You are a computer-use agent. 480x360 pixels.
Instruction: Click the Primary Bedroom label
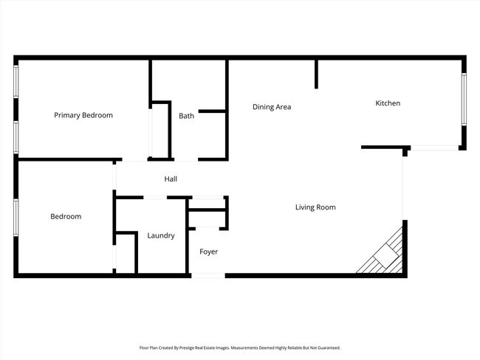83,115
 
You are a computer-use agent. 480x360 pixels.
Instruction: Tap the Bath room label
186,116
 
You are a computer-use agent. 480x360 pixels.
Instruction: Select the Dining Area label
272,107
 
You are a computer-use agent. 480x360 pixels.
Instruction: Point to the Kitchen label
388,103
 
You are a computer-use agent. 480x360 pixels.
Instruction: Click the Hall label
171,179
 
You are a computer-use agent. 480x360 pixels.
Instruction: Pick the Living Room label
315,207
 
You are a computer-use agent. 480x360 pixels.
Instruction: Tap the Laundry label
161,235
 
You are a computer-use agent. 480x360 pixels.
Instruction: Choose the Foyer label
209,252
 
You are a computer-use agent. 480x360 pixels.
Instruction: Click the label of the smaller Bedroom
66,216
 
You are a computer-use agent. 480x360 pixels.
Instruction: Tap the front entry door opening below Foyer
208,276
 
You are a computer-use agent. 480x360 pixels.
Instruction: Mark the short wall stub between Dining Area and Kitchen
317,74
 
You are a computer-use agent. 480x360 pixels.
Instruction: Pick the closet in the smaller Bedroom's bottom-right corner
126,253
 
